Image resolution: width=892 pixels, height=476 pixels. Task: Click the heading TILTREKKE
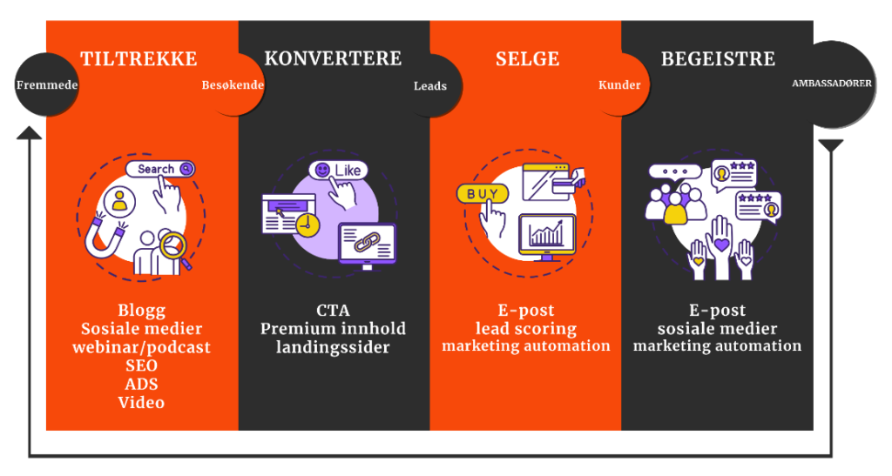click(139, 59)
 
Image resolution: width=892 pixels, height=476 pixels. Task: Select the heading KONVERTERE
click(333, 59)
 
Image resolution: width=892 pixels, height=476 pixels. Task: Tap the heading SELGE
click(527, 60)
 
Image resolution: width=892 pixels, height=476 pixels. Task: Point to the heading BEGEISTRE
click(718, 60)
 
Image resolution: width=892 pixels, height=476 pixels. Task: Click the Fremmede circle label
click(47, 86)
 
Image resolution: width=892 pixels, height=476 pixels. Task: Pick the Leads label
click(429, 86)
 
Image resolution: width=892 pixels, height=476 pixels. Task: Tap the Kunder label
click(619, 85)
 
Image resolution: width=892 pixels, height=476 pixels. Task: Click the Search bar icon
click(159, 169)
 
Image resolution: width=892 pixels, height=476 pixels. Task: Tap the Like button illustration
click(337, 171)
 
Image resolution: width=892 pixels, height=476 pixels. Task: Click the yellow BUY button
click(483, 194)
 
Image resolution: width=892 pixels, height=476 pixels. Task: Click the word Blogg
click(141, 311)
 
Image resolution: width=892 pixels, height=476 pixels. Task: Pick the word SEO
click(141, 365)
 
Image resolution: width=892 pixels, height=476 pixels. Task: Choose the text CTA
click(333, 311)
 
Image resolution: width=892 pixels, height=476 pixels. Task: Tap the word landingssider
click(333, 347)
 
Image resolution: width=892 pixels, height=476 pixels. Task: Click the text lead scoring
click(525, 329)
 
